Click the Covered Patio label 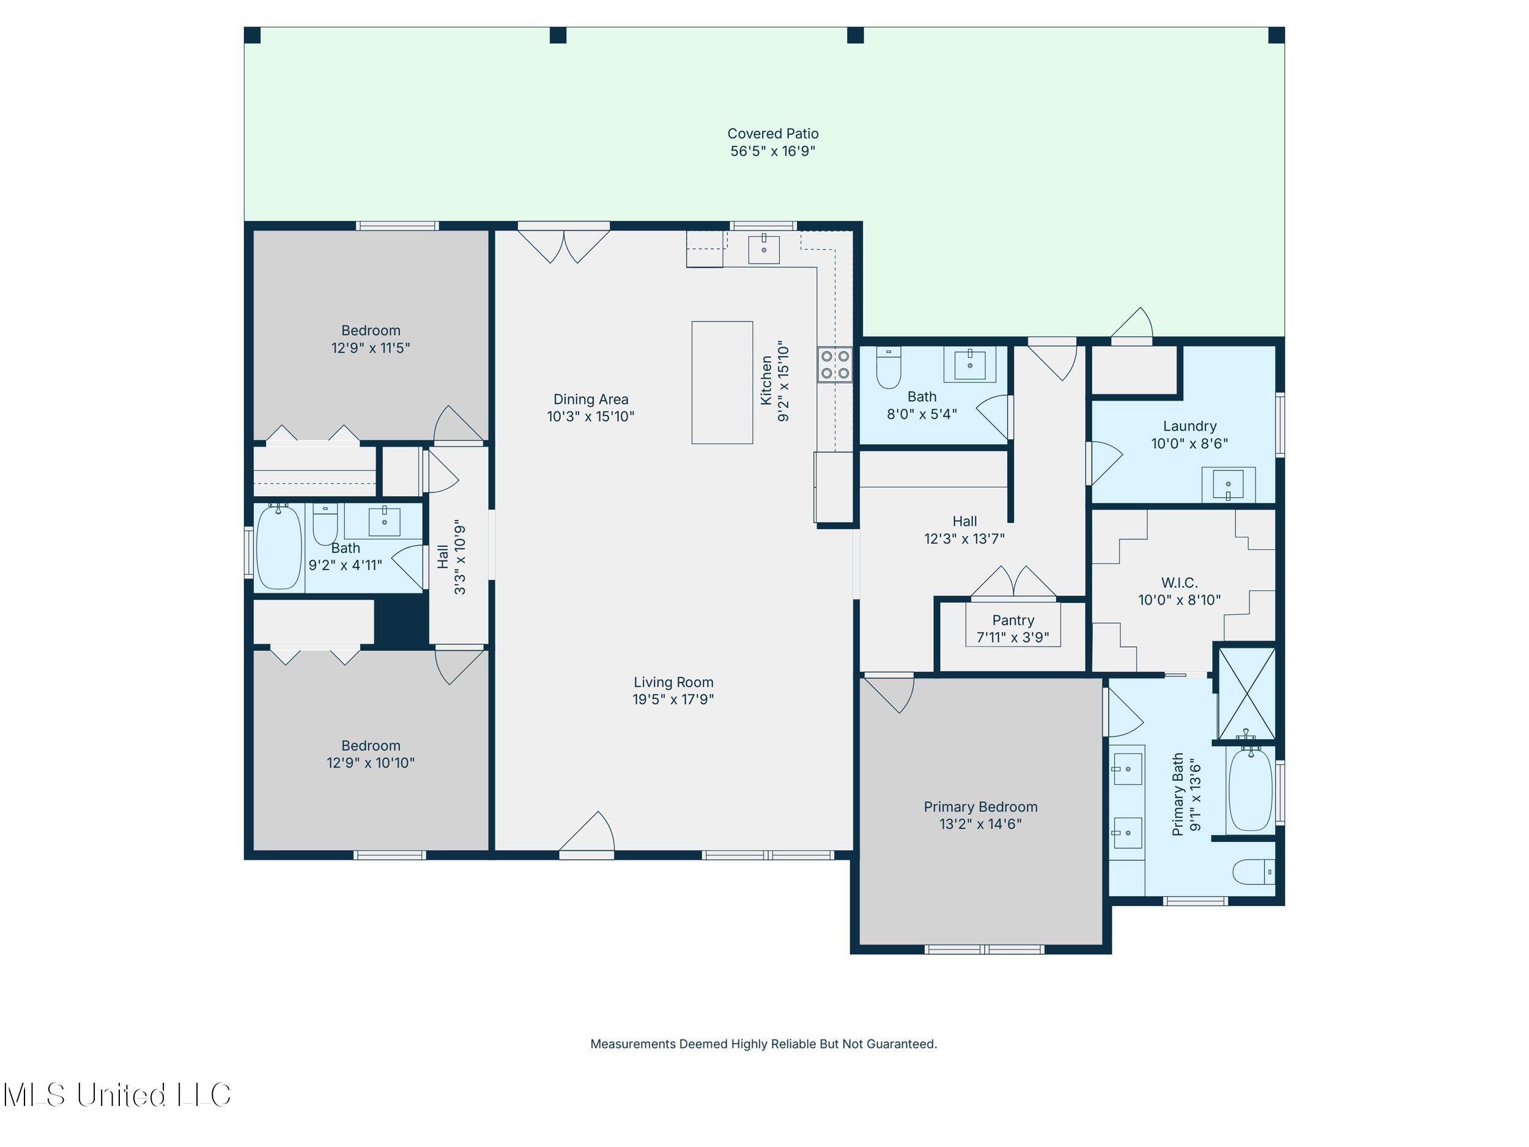click(773, 133)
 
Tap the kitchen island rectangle click(722, 382)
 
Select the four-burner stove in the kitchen click(835, 365)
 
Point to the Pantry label click(1013, 620)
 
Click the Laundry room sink click(1227, 484)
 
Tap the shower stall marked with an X click(1246, 694)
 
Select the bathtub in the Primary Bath click(1249, 788)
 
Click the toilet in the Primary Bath click(1254, 872)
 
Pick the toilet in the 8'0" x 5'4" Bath click(889, 367)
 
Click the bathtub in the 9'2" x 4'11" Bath click(280, 547)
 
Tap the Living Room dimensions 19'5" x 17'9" click(673, 699)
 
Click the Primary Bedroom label click(980, 807)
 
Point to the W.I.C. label click(1179, 583)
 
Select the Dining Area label click(590, 399)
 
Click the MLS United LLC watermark click(117, 1094)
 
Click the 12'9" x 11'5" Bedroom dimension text click(371, 347)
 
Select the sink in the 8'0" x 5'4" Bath click(971, 365)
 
